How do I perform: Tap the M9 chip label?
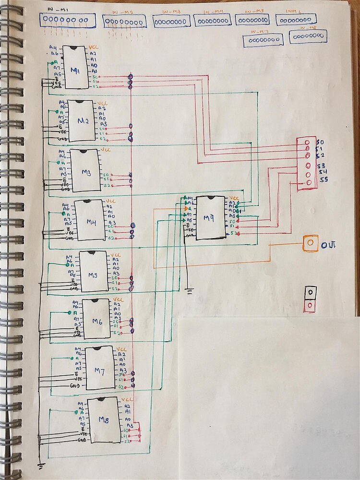(x=209, y=218)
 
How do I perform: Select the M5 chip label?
(x=92, y=275)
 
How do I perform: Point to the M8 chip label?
(x=104, y=420)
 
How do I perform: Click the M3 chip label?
(x=86, y=173)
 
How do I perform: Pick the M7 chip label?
(x=99, y=371)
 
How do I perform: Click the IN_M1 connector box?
(x=67, y=21)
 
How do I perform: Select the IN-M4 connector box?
(x=212, y=20)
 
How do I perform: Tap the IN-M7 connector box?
(x=263, y=40)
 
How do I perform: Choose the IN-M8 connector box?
(x=308, y=37)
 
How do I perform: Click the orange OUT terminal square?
(x=310, y=243)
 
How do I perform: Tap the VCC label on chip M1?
(x=95, y=48)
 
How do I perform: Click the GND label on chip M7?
(x=74, y=385)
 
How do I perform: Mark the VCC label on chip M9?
(x=234, y=198)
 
